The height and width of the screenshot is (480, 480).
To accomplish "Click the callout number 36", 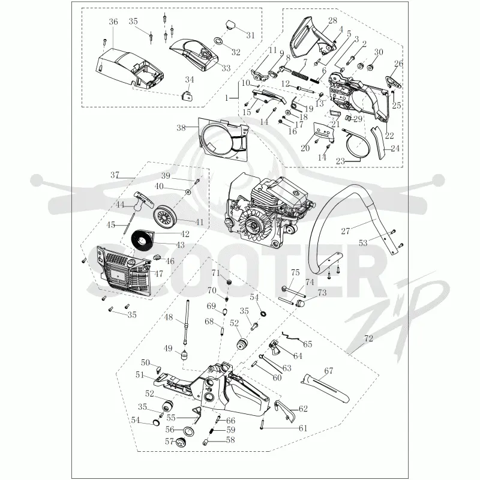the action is tap(113, 22).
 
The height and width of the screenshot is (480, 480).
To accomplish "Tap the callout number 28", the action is tap(332, 20).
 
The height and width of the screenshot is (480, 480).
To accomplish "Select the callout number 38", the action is tap(181, 128).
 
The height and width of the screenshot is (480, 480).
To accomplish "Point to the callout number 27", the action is tap(346, 231).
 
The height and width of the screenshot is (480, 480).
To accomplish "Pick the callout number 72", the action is tap(368, 338).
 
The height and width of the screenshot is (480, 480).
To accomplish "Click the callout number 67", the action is tap(328, 371).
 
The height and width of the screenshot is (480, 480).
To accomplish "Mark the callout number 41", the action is tap(199, 221).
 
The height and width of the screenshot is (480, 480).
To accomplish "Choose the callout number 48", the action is tap(169, 317).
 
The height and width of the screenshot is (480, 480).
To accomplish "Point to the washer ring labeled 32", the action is tap(218, 40).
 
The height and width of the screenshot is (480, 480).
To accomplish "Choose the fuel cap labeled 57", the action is tap(181, 443).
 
